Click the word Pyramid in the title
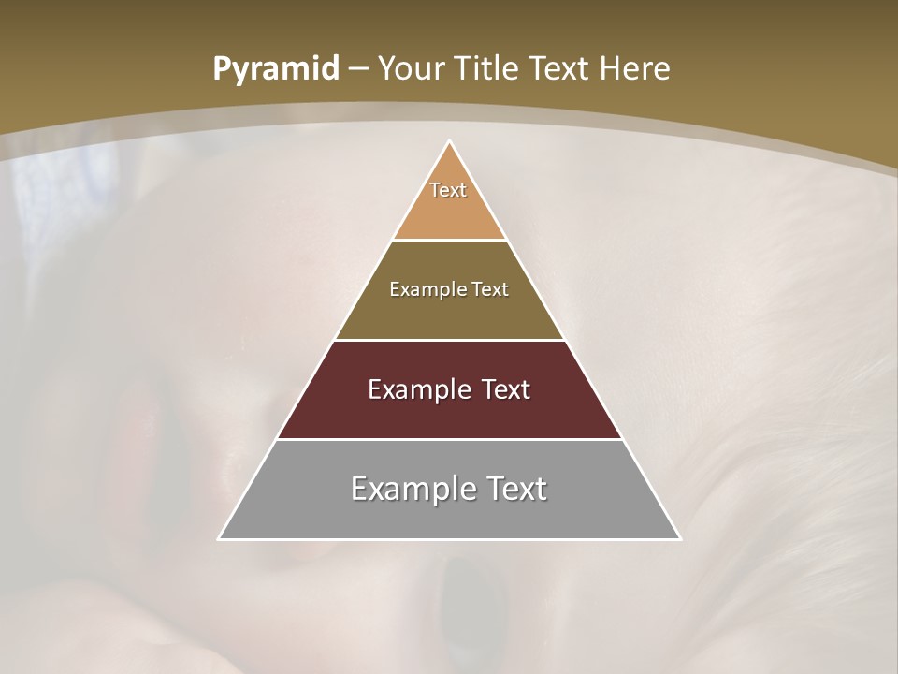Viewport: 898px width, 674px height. (x=275, y=70)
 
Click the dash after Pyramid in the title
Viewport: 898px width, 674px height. (x=358, y=70)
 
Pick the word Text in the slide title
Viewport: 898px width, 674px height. (x=560, y=68)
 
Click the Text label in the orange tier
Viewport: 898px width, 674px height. (x=448, y=190)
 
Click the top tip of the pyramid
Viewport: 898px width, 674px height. (x=450, y=142)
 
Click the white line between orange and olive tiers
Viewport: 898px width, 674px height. (x=450, y=241)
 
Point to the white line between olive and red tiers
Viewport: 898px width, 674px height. (x=450, y=340)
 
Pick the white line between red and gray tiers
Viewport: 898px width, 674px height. (x=450, y=439)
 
